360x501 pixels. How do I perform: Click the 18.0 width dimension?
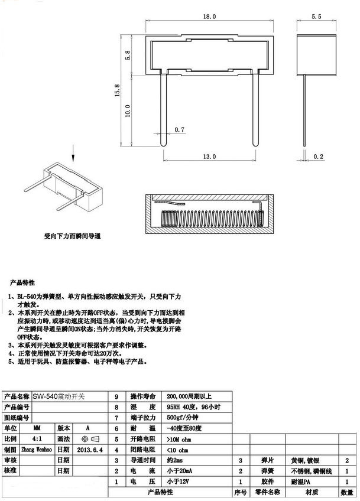click(x=210, y=18)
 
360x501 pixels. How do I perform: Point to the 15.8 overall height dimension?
click(x=117, y=90)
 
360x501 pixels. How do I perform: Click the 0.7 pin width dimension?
click(x=180, y=129)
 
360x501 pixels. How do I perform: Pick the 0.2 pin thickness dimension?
click(x=318, y=157)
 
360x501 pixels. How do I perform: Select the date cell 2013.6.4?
click(x=90, y=449)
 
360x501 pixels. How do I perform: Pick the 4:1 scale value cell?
click(x=37, y=439)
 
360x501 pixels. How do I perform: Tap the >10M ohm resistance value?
click(x=180, y=439)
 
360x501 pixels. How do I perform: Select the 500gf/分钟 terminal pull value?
click(x=183, y=418)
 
